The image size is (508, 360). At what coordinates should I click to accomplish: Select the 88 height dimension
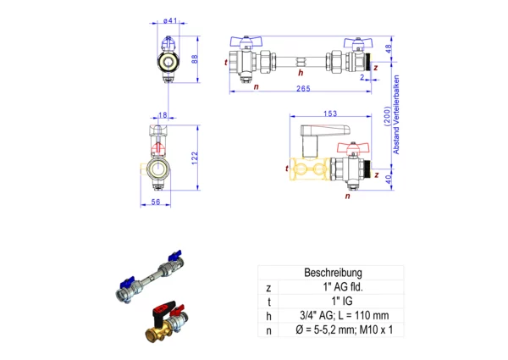click(x=195, y=58)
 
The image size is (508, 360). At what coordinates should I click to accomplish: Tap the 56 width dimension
click(x=155, y=202)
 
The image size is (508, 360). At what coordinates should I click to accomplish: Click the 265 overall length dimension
click(x=301, y=90)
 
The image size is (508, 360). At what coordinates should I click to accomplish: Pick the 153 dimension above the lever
click(x=330, y=114)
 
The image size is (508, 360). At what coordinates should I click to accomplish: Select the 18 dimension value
click(x=163, y=115)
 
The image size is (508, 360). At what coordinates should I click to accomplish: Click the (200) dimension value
click(x=388, y=114)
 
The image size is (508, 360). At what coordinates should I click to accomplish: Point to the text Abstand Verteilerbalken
click(x=396, y=115)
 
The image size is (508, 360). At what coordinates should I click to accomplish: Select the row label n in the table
click(x=268, y=330)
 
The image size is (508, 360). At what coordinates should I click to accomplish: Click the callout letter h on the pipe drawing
click(x=301, y=72)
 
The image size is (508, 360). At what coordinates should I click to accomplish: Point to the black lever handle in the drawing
click(x=321, y=133)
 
